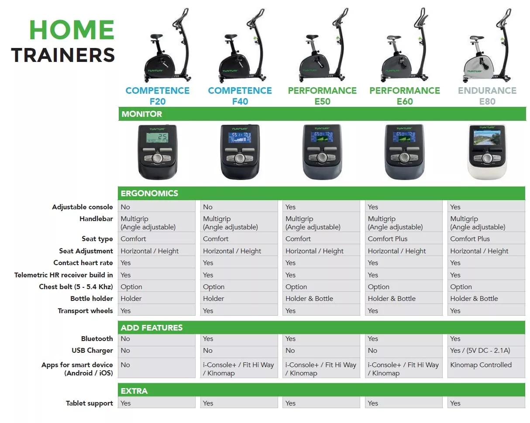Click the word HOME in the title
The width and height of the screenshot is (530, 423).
point(72,30)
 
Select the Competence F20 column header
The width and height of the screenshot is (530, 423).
point(157,96)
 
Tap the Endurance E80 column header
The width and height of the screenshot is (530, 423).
point(487,96)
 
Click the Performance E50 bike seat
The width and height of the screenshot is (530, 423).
point(312,38)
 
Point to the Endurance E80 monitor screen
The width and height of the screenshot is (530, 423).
point(487,138)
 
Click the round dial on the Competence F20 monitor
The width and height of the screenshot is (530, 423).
point(157,158)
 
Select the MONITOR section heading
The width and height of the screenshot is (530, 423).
point(142,114)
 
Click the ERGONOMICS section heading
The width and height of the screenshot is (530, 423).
point(149,194)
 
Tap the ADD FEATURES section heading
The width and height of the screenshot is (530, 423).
point(151,328)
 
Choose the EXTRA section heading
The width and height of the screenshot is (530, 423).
point(134,391)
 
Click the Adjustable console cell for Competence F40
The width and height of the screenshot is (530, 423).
point(239,207)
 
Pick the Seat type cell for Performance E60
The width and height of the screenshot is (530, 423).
point(404,239)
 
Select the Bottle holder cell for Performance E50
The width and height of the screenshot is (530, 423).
point(321,298)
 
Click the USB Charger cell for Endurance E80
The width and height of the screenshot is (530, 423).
point(486,351)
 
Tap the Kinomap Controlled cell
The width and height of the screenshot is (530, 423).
point(486,368)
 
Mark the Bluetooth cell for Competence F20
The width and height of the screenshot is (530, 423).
point(157,339)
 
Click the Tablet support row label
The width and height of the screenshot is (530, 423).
point(89,403)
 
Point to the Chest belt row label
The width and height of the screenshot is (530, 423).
point(76,287)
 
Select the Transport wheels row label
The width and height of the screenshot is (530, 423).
point(85,311)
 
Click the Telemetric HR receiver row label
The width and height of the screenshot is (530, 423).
point(64,275)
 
